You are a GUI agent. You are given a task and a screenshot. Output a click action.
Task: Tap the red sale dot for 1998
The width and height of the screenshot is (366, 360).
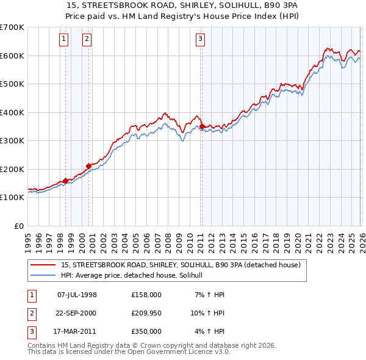(65, 181)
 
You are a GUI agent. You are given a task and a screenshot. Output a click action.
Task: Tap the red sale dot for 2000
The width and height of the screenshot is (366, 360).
(89, 166)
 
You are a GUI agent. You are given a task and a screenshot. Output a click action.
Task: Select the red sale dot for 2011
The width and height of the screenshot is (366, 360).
(202, 126)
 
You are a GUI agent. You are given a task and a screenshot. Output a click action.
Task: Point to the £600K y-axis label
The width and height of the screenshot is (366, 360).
(12, 56)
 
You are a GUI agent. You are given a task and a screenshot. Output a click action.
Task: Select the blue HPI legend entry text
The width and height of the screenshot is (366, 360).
(135, 275)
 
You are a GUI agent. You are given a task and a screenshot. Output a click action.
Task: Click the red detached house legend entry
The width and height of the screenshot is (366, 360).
(181, 265)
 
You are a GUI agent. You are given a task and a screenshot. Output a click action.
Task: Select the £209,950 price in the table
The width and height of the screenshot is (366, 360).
(146, 312)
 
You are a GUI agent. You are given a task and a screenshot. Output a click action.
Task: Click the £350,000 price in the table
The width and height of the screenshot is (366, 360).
(146, 331)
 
